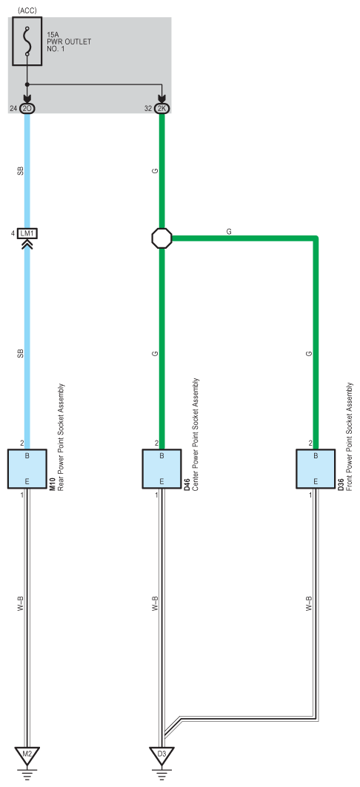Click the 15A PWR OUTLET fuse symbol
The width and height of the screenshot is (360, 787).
click(x=27, y=41)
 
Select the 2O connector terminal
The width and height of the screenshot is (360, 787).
click(x=27, y=108)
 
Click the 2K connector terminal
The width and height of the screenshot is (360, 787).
click(x=161, y=108)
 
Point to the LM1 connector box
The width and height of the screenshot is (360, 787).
click(x=27, y=233)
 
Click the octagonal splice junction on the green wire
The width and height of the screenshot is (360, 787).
click(x=161, y=238)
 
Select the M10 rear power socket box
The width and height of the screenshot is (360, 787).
click(x=27, y=469)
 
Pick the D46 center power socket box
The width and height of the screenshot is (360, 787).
click(x=161, y=469)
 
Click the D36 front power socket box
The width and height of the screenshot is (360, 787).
click(x=316, y=469)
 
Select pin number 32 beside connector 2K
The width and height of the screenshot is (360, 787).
click(x=147, y=108)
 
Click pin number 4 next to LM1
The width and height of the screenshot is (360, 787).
click(x=13, y=233)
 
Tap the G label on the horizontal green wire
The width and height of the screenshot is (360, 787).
click(x=229, y=232)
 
